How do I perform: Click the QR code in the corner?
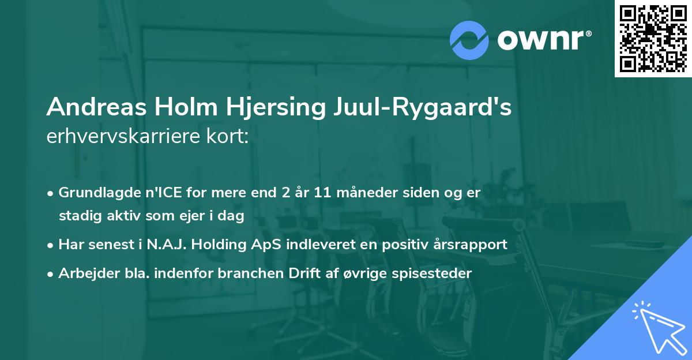653,38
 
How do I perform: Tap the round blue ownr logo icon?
469,40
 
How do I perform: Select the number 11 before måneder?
322,192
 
